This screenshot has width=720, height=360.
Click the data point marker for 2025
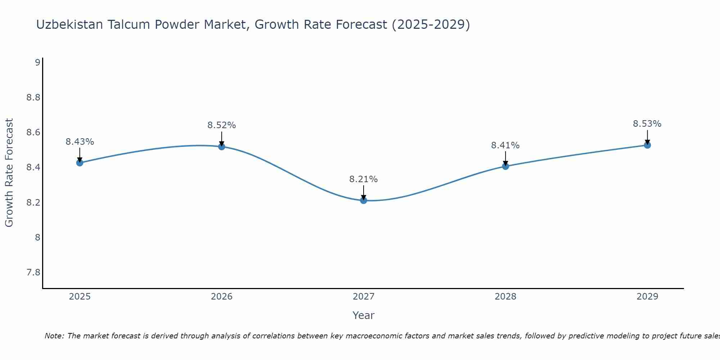(x=80, y=163)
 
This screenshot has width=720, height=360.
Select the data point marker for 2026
(x=221, y=147)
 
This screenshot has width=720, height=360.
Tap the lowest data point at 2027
(x=364, y=201)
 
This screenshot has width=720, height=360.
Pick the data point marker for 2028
(x=505, y=166)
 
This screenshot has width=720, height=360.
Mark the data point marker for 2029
(x=647, y=145)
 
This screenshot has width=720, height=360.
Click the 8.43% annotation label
(x=80, y=142)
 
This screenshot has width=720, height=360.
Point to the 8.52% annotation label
(x=221, y=125)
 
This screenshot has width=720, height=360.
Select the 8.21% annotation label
(x=364, y=179)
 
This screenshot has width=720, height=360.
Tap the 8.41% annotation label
(x=505, y=145)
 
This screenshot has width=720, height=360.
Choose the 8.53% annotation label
(x=647, y=124)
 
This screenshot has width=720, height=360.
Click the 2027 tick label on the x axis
(x=364, y=297)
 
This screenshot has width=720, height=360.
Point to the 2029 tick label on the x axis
(x=647, y=297)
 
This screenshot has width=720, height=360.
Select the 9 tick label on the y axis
(x=37, y=63)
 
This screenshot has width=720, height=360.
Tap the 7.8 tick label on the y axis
(x=33, y=273)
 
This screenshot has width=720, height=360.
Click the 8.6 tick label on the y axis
(x=33, y=132)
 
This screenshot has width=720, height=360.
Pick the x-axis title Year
(x=364, y=315)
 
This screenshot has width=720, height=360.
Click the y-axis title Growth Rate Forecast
(x=9, y=173)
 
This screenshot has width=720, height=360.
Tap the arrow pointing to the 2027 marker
(x=364, y=192)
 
